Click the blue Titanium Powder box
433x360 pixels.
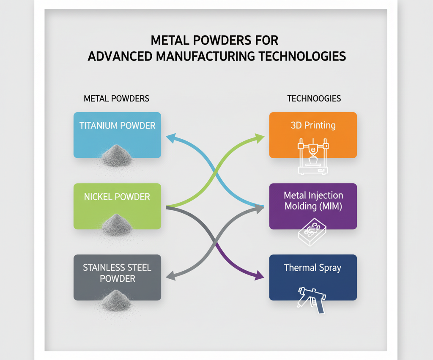click(x=117, y=135)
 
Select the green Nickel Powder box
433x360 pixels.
click(x=117, y=206)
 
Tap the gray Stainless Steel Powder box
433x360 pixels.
click(x=117, y=277)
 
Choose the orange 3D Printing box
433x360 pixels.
click(x=313, y=135)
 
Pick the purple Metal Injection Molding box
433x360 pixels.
click(x=313, y=206)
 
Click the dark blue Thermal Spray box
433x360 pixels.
click(x=313, y=277)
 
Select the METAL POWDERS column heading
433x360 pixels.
click(x=117, y=99)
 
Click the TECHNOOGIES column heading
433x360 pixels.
click(x=314, y=99)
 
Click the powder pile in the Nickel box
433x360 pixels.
click(x=117, y=224)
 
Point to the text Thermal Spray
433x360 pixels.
click(x=312, y=268)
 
